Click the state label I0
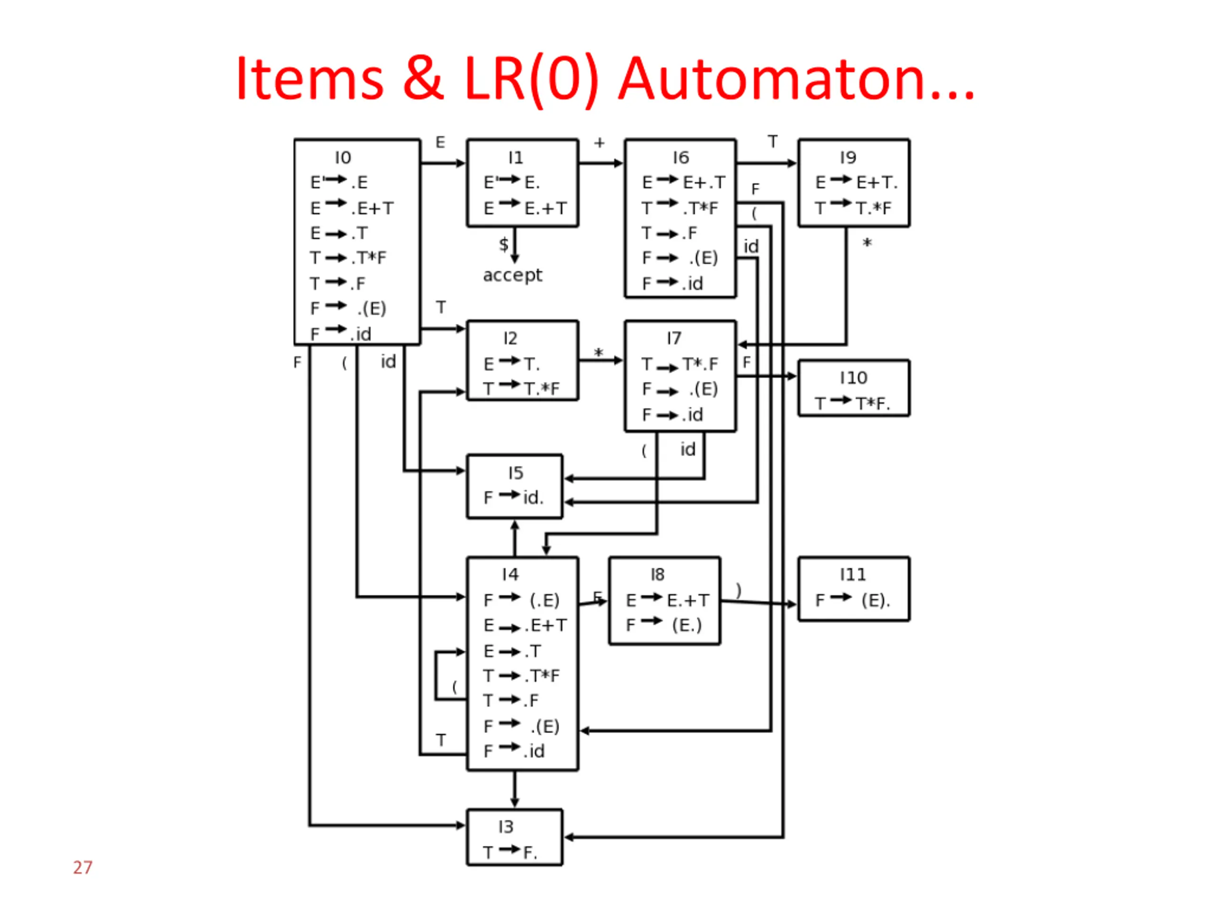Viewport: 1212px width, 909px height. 343,158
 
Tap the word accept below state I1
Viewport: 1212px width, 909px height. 512,275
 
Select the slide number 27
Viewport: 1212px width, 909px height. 83,867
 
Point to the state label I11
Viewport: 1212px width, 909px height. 853,574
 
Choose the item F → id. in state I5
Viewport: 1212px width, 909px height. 513,497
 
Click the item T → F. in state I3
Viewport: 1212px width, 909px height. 510,852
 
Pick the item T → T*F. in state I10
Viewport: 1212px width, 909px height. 853,403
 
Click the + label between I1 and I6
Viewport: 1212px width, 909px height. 599,143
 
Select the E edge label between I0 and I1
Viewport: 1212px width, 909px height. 440,143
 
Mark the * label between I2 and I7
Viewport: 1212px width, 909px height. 598,353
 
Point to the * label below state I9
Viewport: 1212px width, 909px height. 867,243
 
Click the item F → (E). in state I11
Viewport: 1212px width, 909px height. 853,600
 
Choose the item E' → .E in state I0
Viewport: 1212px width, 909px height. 339,182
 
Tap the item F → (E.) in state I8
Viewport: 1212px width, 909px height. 664,624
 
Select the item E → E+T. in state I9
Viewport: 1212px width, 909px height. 856,182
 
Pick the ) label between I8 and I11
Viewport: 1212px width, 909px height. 739,590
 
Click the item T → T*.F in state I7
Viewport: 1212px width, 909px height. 680,364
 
